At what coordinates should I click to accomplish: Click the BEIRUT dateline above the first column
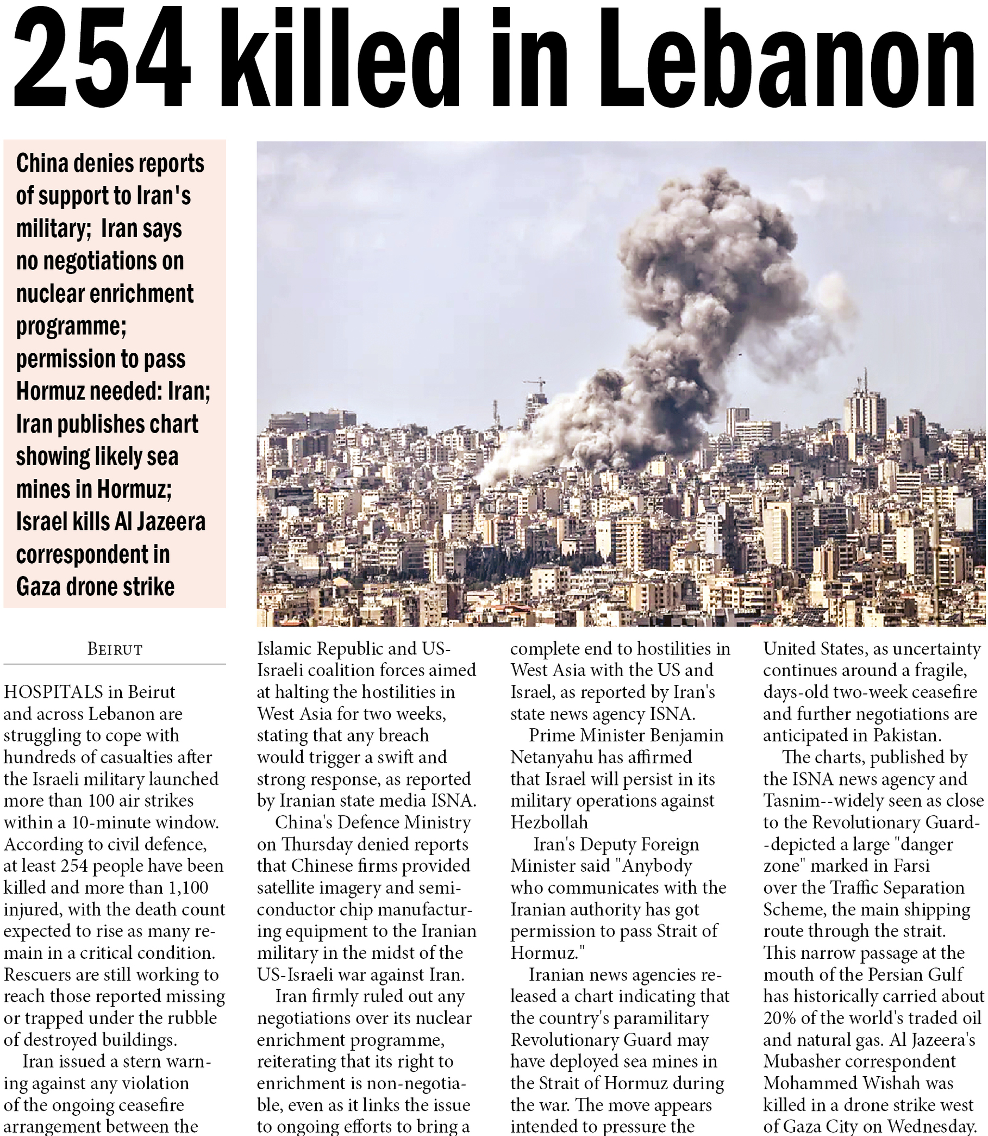pos(115,650)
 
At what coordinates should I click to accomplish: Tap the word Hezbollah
pos(549,822)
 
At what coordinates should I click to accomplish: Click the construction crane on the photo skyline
pos(535,382)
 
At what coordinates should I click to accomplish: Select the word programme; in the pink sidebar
pos(71,327)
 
